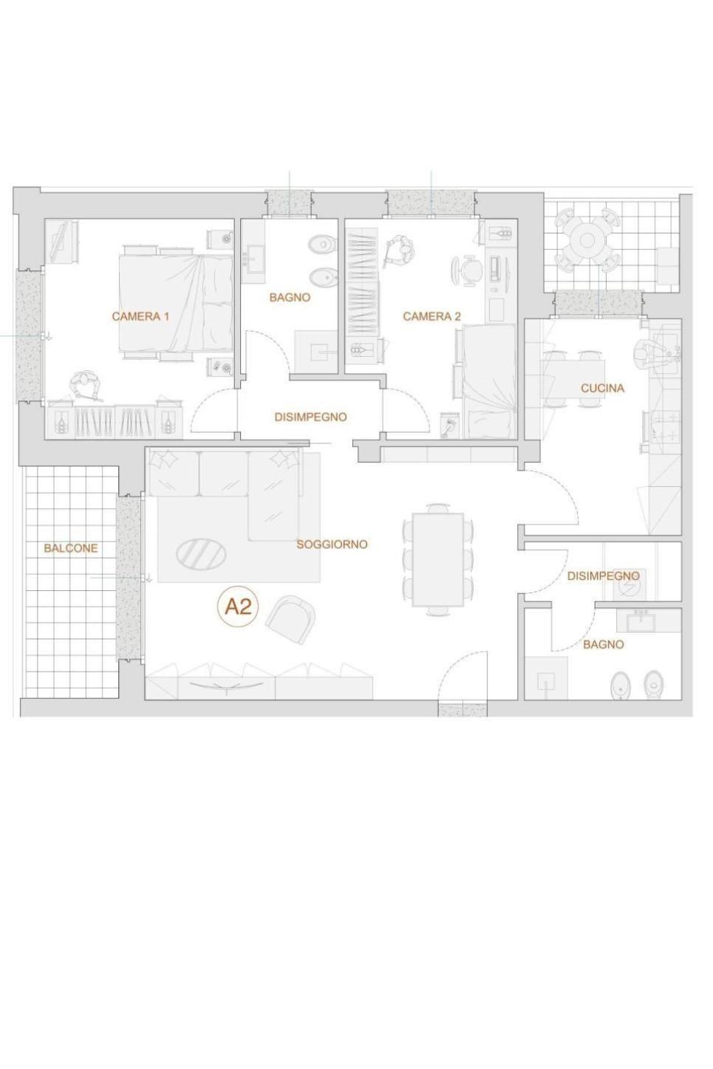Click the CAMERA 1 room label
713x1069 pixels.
140,316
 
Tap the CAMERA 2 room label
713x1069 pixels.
432,316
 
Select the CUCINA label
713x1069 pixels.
602,388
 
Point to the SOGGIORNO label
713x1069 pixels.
332,544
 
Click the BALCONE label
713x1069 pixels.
71,548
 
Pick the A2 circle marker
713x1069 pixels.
238,607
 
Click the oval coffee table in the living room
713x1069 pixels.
201,554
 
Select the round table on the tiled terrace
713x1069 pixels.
588,240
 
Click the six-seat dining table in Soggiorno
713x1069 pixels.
438,559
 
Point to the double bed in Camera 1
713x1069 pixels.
176,303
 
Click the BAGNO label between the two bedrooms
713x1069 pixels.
290,297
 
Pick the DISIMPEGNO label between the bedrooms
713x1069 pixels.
310,417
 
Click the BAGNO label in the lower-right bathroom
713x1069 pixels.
603,645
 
